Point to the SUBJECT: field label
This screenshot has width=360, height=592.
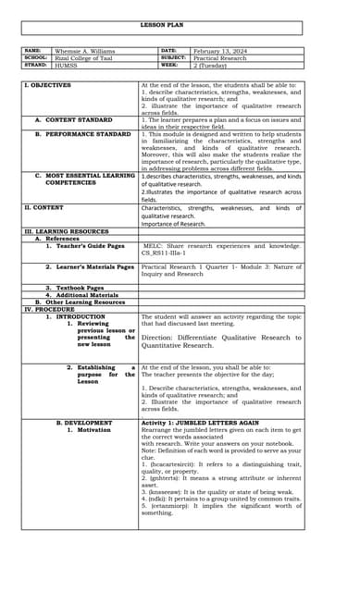(x=174, y=57)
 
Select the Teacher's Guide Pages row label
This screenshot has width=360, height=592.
(x=85, y=246)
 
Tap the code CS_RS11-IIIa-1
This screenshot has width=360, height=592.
(x=167, y=253)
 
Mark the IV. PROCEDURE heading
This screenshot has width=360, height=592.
(x=48, y=309)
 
